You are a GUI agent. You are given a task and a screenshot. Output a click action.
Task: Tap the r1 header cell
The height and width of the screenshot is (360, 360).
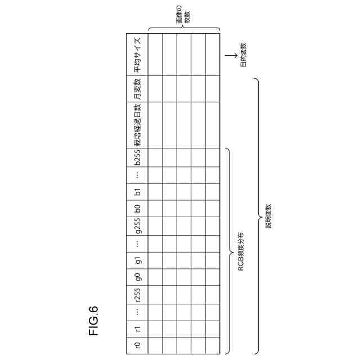137,328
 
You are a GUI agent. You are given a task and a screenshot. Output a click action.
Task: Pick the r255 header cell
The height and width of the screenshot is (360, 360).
137,295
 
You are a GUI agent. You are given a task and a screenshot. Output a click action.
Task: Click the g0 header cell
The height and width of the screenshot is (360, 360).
137,276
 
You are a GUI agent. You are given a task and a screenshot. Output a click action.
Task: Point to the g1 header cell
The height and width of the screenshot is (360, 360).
137,260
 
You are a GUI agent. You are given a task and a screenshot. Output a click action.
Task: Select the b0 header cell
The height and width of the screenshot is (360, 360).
137,208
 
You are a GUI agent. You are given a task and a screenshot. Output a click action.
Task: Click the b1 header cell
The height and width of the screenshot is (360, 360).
137,192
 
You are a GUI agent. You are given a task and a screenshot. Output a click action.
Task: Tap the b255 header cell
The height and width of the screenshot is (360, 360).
137,158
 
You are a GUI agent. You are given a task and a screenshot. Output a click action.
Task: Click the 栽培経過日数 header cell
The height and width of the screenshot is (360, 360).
137,125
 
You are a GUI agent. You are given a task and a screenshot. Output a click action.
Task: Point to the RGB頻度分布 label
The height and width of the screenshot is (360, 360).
240,251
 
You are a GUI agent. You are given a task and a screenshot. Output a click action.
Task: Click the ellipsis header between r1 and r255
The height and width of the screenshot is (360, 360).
137,312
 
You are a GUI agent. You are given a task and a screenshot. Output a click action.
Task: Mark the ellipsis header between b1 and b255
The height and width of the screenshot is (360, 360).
137,175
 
